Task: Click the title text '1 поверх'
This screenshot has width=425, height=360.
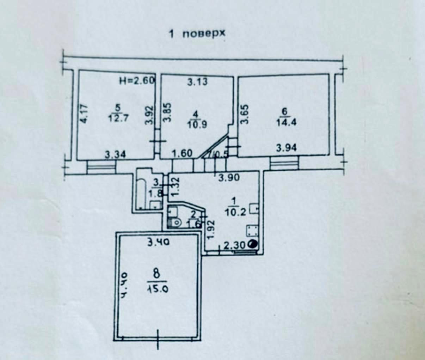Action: coord(197,34)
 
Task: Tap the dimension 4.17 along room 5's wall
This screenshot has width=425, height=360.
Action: coord(83,113)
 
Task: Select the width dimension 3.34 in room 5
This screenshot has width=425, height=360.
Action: coord(116,154)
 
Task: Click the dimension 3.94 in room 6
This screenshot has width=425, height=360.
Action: coord(286,148)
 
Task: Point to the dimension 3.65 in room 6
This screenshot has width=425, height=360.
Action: coord(244,114)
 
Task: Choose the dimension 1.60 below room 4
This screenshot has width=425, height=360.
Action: coord(182,154)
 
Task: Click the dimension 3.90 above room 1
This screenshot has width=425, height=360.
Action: coord(229,178)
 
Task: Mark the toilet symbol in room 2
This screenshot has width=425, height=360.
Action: coord(175,222)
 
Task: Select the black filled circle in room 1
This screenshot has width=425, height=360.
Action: coord(252,243)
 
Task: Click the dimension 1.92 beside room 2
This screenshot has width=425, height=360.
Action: coord(210,229)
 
